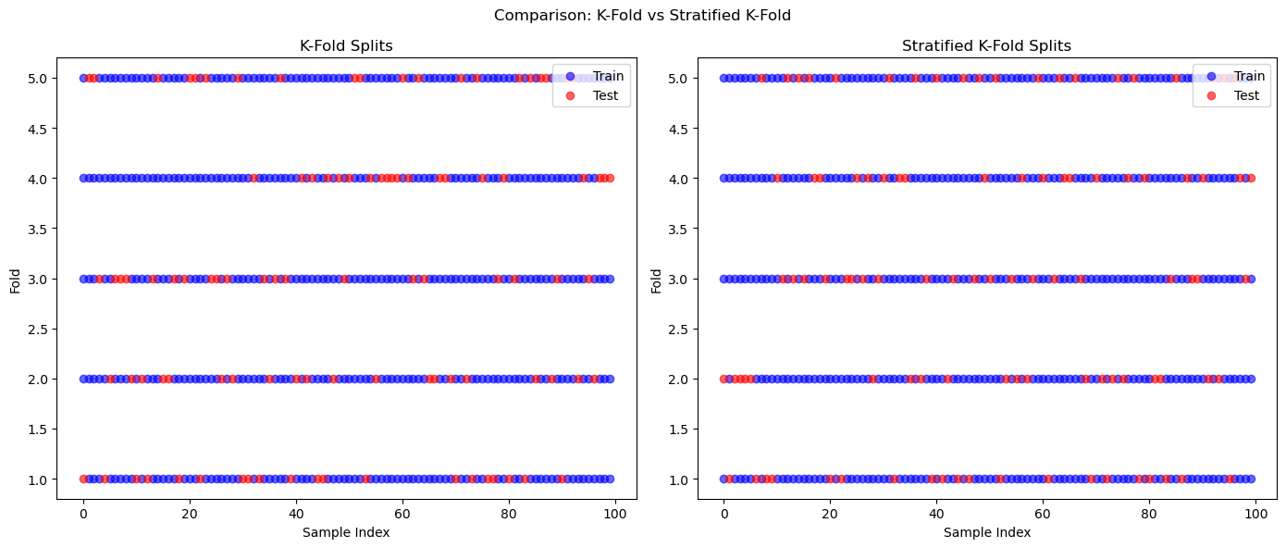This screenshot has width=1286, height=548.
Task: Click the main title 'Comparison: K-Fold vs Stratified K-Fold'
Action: pos(642,15)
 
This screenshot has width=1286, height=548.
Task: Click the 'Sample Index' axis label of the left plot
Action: pos(346,532)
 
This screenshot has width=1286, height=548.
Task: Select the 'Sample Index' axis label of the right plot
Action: pos(987,532)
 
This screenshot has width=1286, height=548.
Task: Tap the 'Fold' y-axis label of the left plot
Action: pos(16,279)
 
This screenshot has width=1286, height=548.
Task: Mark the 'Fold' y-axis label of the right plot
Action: pos(657,279)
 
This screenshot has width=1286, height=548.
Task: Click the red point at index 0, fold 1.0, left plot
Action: pos(83,479)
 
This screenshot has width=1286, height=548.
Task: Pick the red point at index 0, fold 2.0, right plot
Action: pos(724,379)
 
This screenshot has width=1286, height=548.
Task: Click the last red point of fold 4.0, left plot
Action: pos(610,178)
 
